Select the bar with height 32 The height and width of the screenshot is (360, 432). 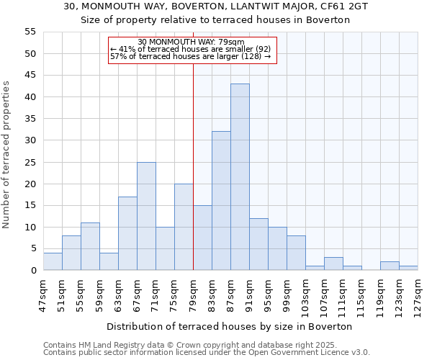(221, 201)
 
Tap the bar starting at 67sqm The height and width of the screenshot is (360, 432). (146, 216)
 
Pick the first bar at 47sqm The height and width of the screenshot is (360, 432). (53, 262)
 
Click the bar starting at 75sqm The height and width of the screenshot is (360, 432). (184, 227)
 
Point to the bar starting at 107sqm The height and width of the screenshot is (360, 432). (333, 264)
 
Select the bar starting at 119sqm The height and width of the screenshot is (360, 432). (390, 266)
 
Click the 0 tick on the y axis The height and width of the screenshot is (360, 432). (32, 271)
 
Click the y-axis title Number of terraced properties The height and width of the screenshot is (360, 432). (6, 155)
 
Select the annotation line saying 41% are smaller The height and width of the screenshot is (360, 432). (191, 49)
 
